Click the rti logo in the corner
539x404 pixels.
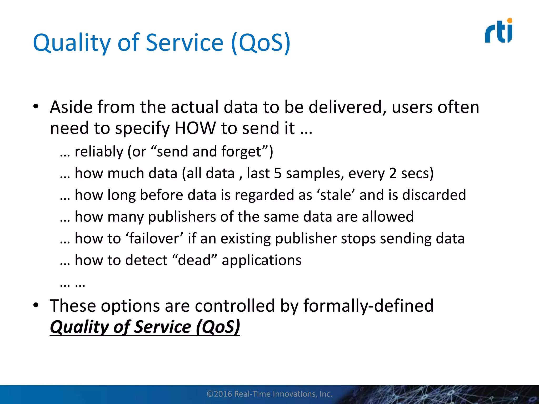498,31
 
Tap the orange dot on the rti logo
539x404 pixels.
510,21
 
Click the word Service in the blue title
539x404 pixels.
184,43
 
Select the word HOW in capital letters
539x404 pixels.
195,128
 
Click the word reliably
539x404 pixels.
99,152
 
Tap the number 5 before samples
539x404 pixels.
278,174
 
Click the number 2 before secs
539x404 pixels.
392,174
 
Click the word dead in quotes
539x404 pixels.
194,260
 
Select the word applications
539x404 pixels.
261,260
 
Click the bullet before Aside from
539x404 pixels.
36,107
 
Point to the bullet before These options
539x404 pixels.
36,305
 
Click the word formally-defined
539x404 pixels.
368,306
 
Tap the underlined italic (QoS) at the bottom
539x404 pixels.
218,327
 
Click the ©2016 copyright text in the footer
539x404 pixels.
269,394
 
